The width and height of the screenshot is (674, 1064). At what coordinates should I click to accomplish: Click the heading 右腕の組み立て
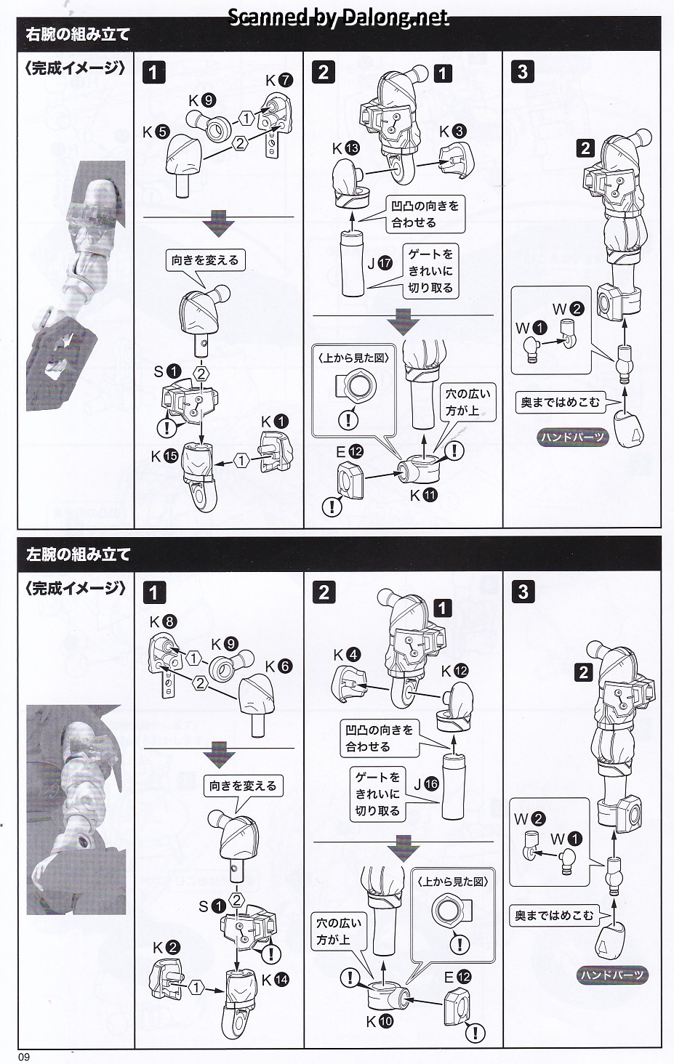tap(78, 34)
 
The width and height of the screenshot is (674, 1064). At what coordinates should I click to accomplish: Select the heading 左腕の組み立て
tap(78, 555)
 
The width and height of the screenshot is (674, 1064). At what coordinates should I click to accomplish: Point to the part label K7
tap(278, 80)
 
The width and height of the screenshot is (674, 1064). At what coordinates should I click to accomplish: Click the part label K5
tap(156, 132)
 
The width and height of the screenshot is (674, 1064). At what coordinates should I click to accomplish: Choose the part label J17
tap(380, 264)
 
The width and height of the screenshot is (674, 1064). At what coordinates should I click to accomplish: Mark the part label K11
tap(423, 496)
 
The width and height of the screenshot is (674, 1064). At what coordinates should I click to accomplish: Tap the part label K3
tap(452, 132)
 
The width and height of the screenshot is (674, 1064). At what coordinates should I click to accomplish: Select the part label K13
tap(346, 148)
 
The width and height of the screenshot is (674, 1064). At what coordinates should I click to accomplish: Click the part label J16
tap(426, 784)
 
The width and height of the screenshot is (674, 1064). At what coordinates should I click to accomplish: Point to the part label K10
tap(380, 1021)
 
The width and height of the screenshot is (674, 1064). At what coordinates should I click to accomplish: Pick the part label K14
tap(274, 980)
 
